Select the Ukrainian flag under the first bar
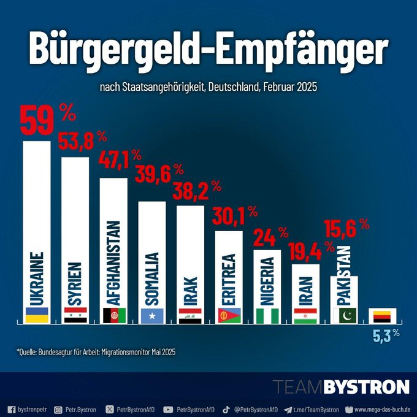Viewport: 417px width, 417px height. tap(37, 315)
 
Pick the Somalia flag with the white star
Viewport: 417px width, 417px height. tap(152, 315)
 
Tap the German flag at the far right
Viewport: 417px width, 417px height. tap(382, 315)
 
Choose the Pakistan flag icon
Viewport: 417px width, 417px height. tap(343, 315)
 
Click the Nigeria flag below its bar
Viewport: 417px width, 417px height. tap(267, 315)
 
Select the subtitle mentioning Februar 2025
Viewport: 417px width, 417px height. tap(208, 88)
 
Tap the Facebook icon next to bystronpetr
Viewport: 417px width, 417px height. tap(10, 408)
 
